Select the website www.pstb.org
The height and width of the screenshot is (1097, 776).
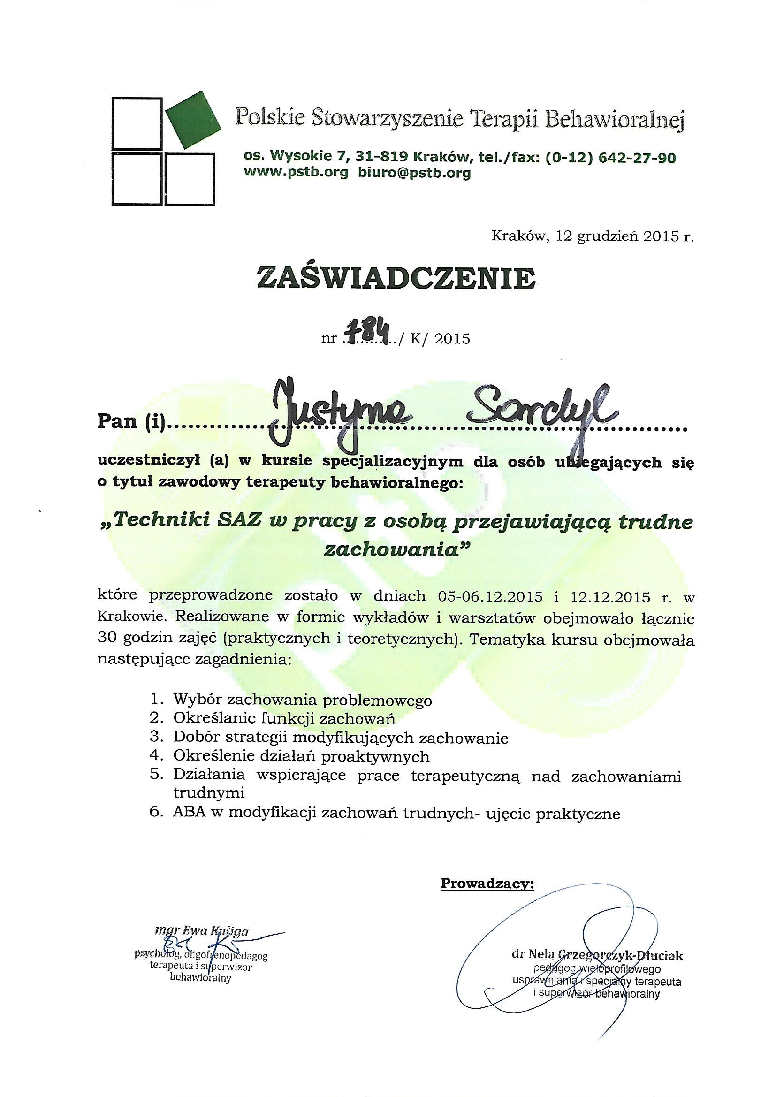coord(296,173)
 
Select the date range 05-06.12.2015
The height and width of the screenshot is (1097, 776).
coord(488,597)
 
